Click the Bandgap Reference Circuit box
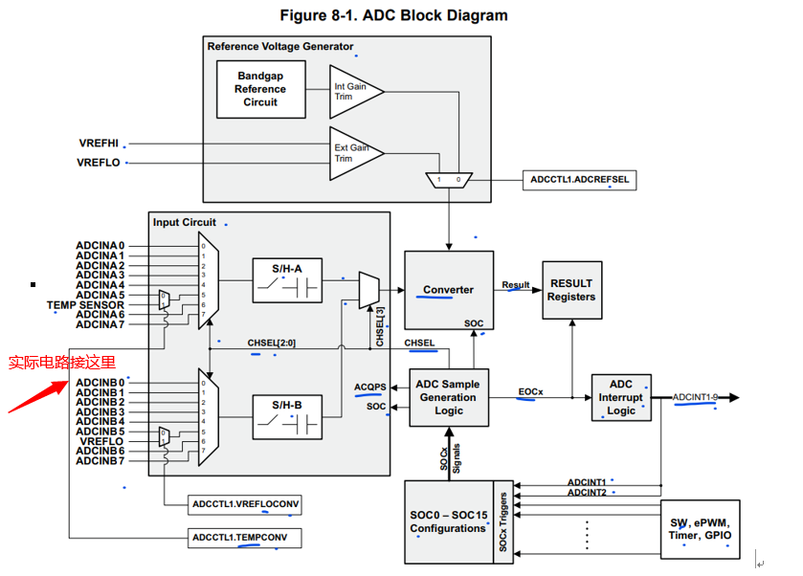pyautogui.click(x=260, y=89)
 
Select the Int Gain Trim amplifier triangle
pyautogui.click(x=353, y=92)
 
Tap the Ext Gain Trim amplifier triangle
pyautogui.click(x=353, y=153)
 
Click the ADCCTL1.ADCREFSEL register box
pyautogui.click(x=580, y=179)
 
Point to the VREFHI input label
pyautogui.click(x=100, y=143)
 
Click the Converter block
pyautogui.click(x=449, y=291)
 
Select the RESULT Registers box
pyautogui.click(x=571, y=290)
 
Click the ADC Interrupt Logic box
pyautogui.click(x=621, y=398)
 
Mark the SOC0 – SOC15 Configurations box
pyautogui.click(x=449, y=521)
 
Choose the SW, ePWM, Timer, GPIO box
pyautogui.click(x=700, y=529)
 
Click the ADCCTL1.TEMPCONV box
pyautogui.click(x=244, y=539)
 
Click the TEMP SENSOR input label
pyautogui.click(x=86, y=305)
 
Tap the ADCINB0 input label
pyautogui.click(x=100, y=383)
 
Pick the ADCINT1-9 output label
pyautogui.click(x=695, y=397)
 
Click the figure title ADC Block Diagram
pyautogui.click(x=393, y=15)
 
